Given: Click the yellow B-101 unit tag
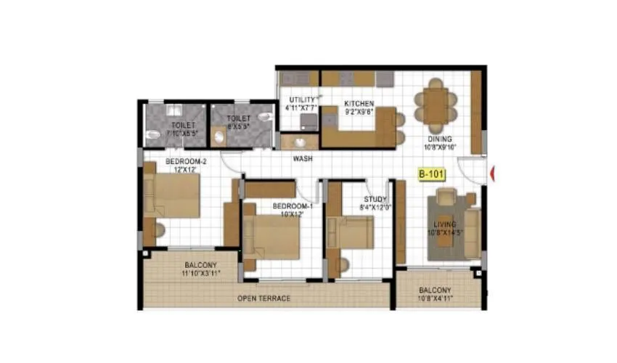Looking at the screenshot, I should coord(431,174).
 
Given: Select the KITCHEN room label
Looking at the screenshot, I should coord(359,103).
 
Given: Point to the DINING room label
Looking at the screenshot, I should coord(440,139).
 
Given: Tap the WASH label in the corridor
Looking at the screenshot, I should coord(303,158).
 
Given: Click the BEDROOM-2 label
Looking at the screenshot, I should coord(186,161).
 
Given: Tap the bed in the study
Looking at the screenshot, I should coord(351,232).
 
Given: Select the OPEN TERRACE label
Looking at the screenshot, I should coord(264,298).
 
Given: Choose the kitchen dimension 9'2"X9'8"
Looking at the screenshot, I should coord(359,112).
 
